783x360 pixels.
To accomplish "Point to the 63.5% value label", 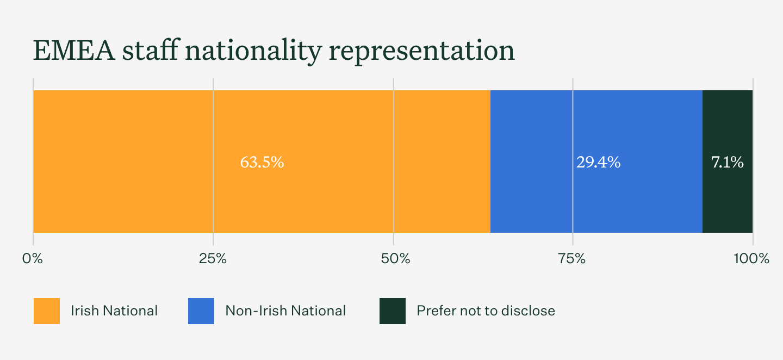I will [262, 162].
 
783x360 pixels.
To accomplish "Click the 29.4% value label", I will [599, 162].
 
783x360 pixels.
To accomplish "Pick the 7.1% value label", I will [727, 162].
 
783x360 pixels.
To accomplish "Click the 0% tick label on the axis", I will [33, 259].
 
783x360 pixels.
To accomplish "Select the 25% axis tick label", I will [213, 259].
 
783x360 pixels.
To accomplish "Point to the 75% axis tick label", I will [572, 259].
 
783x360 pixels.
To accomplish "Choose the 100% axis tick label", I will [751, 259].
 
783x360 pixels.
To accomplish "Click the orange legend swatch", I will [47, 311].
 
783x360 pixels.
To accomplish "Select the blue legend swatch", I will [201, 311].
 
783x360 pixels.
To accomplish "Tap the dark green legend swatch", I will [393, 311].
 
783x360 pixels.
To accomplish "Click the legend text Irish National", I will [114, 311].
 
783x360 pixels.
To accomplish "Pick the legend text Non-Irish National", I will [285, 311].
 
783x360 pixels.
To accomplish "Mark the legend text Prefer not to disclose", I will [486, 311].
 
